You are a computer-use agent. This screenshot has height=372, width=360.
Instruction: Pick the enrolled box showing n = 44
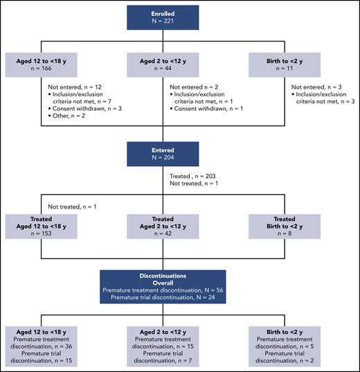click(180, 66)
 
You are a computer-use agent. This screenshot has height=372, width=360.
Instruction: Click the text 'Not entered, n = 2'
click(199, 87)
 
